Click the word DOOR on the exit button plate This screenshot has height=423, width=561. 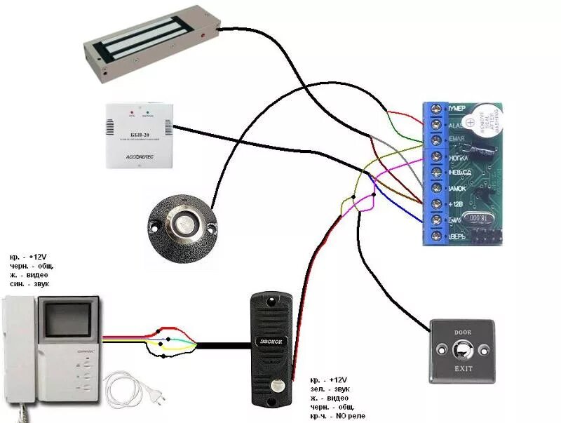pyautogui.click(x=464, y=331)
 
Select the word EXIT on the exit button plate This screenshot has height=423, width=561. pyautogui.click(x=464, y=368)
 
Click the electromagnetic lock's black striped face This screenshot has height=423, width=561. pyautogui.click(x=151, y=47)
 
